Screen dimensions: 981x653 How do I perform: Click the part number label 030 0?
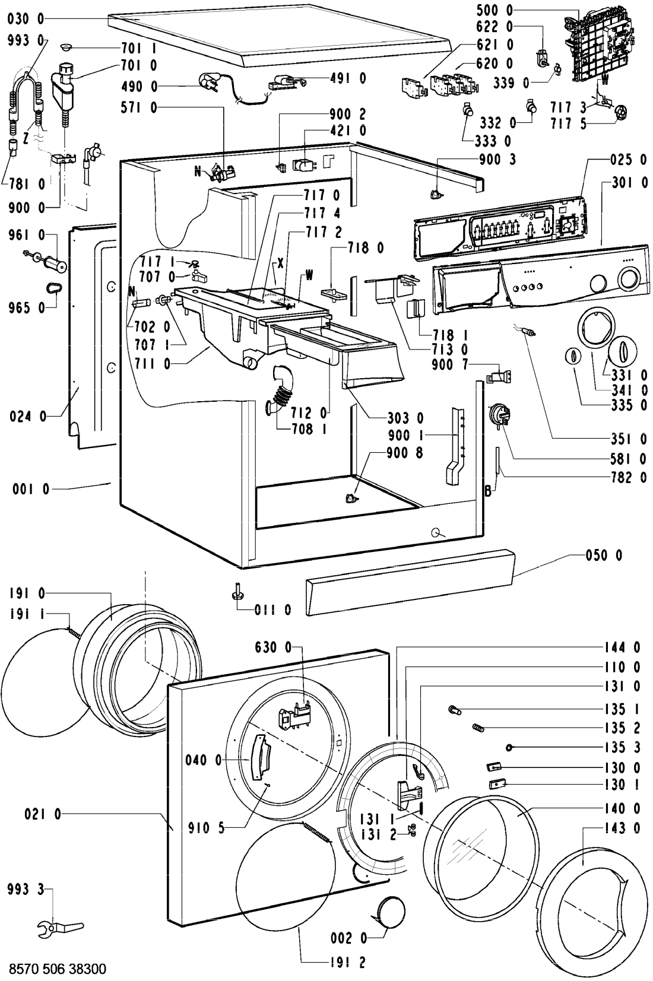click(x=26, y=20)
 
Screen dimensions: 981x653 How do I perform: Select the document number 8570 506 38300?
click(x=55, y=969)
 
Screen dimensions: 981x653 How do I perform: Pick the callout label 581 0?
click(x=627, y=459)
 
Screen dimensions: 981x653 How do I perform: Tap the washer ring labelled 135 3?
click(x=509, y=747)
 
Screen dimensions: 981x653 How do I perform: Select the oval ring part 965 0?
click(x=53, y=288)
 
